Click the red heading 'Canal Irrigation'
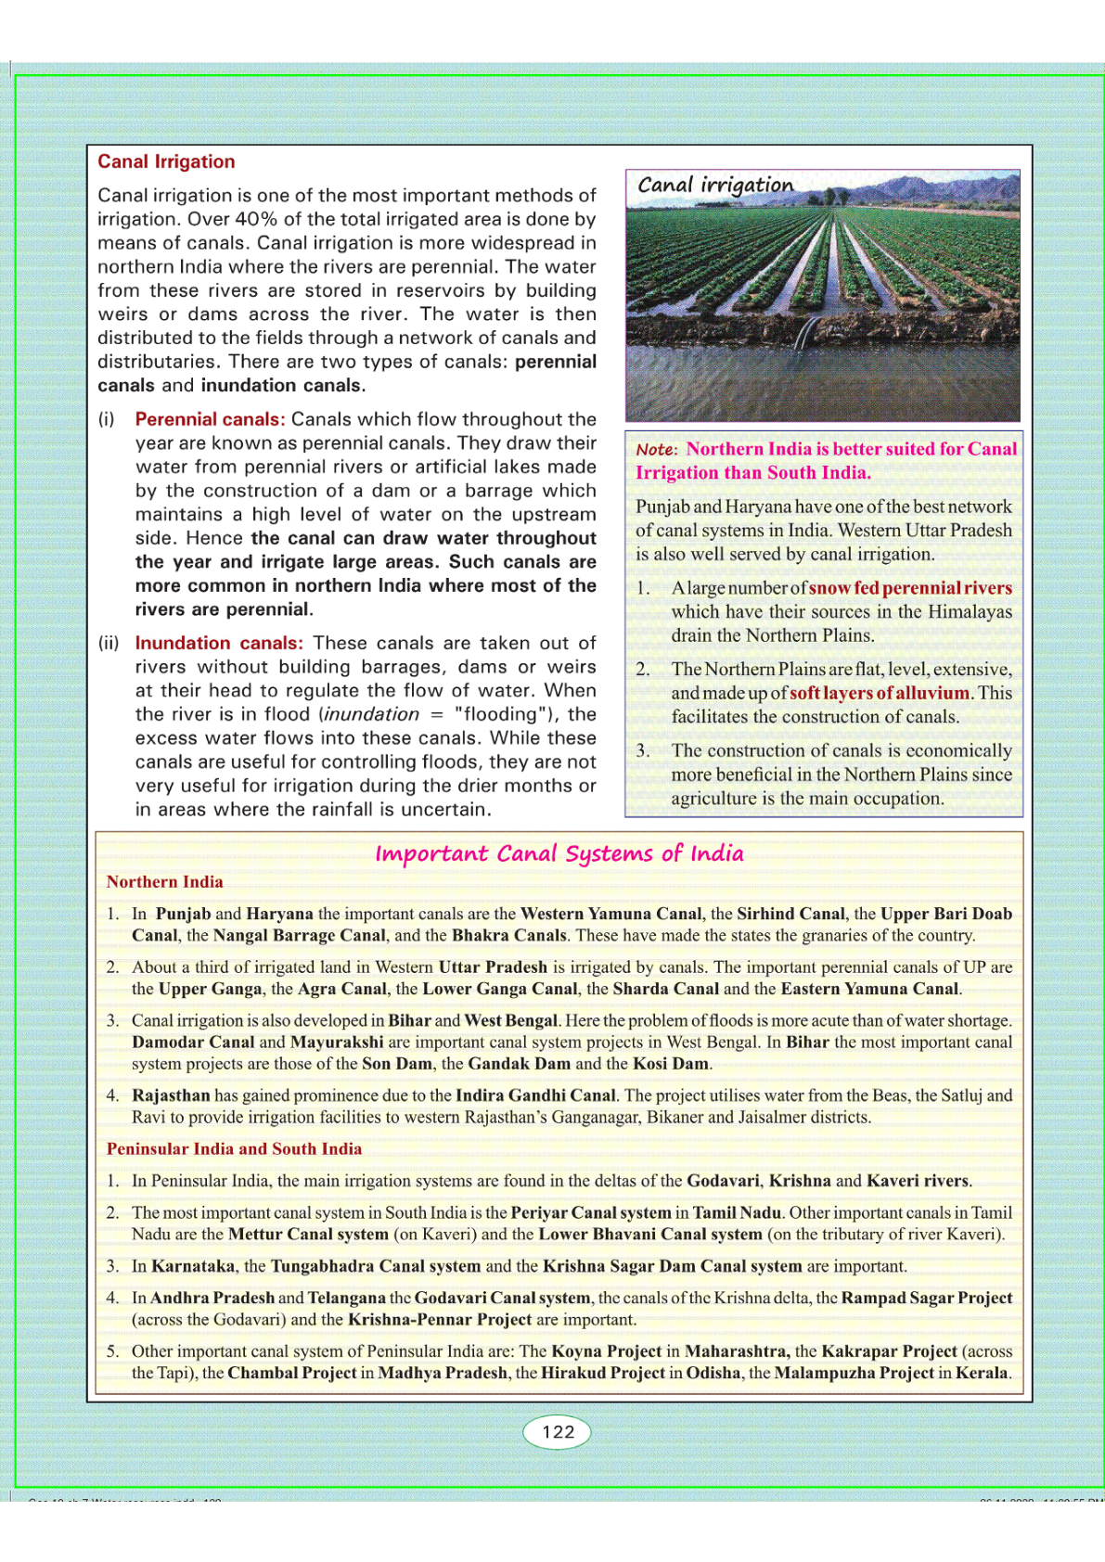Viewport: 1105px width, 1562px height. [166, 161]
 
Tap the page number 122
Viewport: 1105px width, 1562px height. [558, 1431]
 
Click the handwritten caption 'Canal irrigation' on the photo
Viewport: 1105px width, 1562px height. [714, 185]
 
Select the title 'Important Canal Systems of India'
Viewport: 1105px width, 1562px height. [559, 853]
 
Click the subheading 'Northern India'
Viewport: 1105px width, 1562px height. [164, 882]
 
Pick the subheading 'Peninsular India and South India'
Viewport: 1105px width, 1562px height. [234, 1148]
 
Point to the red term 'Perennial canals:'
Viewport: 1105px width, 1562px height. [210, 419]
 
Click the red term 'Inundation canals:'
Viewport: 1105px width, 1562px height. [219, 643]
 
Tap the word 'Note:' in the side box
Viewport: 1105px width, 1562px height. [657, 450]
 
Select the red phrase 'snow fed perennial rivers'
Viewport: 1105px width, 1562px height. [910, 588]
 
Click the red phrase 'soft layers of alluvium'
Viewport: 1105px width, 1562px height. [879, 693]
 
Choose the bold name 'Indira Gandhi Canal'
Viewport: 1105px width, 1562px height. [535, 1095]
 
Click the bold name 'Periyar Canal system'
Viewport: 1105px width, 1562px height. [591, 1212]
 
